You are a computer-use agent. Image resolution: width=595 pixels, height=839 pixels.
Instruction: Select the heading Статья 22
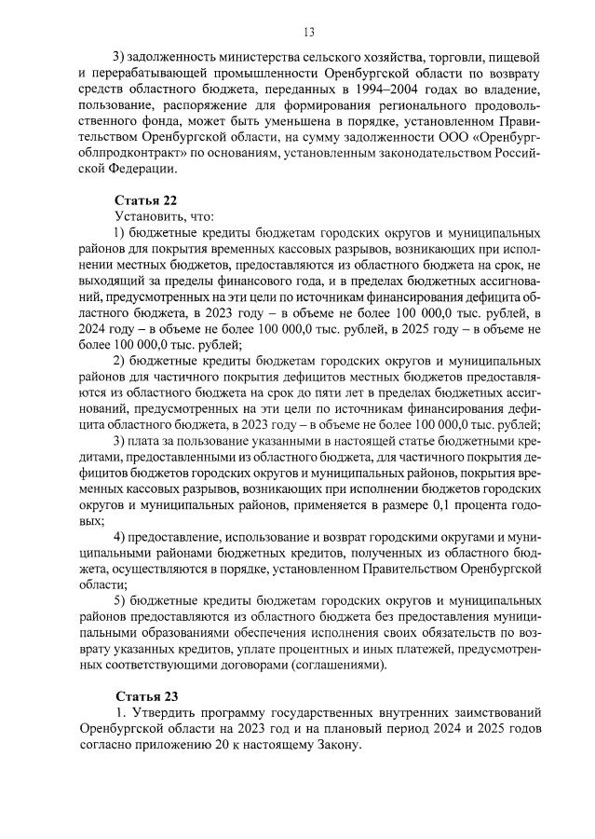[145, 199]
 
